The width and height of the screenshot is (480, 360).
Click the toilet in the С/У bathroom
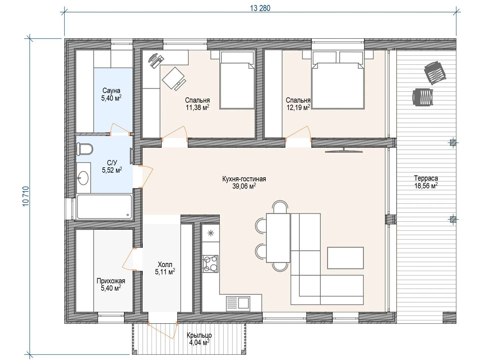click(x=85, y=149)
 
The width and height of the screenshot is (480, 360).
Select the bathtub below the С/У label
click(x=105, y=207)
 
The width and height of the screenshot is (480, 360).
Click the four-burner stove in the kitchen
click(x=210, y=264)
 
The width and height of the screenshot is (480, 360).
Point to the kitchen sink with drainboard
click(x=238, y=303)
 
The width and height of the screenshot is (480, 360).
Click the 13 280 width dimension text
click(x=260, y=8)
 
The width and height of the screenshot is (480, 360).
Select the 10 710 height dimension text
click(x=26, y=196)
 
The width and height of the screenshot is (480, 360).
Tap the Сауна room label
click(x=111, y=90)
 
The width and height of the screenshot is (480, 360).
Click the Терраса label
click(x=426, y=178)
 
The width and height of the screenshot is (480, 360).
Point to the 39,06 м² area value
click(x=244, y=186)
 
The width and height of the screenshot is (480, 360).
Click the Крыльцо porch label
click(x=199, y=335)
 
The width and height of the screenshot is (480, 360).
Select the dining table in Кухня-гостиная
click(x=278, y=238)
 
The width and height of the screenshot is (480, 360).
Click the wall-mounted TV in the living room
click(x=344, y=151)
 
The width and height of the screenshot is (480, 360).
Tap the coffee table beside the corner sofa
click(x=345, y=258)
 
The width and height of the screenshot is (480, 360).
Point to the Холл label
click(x=165, y=264)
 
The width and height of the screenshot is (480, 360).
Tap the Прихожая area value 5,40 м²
click(x=111, y=288)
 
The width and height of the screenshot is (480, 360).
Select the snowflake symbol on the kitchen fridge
click(x=211, y=233)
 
